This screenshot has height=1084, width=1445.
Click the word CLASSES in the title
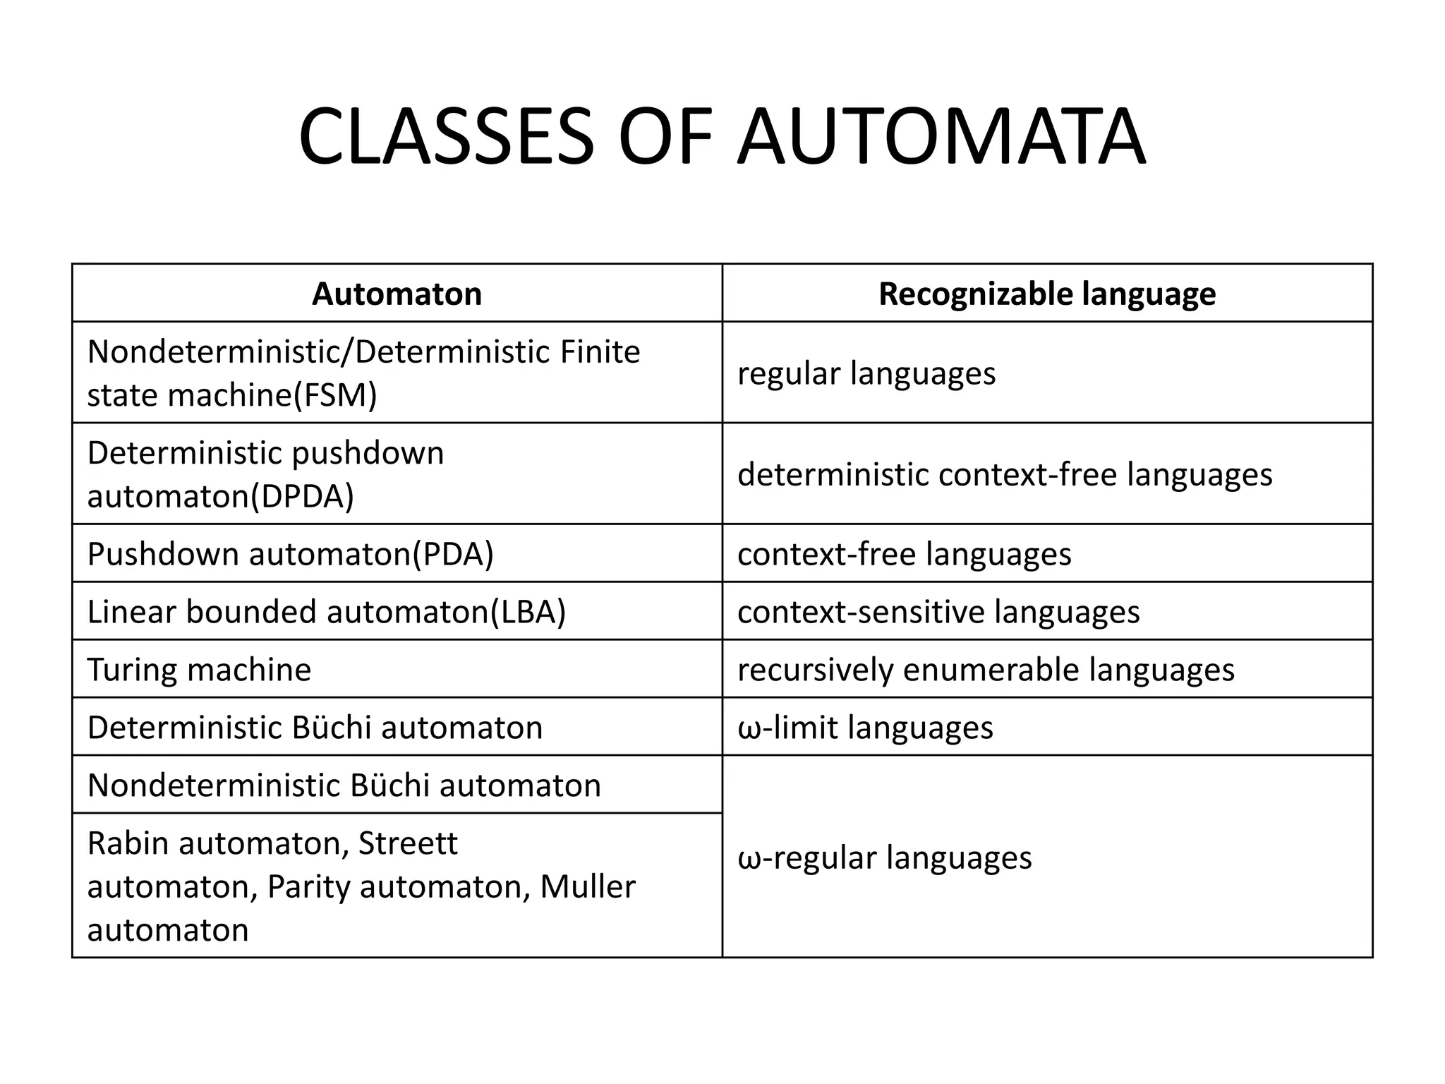[x=446, y=135]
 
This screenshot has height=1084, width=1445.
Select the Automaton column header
[x=397, y=294]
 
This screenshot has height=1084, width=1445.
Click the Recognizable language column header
[x=1047, y=294]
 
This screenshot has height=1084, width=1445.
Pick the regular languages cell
[x=866, y=373]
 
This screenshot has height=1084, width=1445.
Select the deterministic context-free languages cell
[x=1005, y=474]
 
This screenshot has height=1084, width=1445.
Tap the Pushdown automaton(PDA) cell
[x=291, y=554]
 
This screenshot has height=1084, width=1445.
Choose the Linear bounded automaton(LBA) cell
[x=327, y=612]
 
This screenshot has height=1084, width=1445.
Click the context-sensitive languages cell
[x=938, y=612]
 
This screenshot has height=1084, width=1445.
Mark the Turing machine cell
[x=199, y=670]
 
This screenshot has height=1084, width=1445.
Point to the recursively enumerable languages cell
[x=986, y=670]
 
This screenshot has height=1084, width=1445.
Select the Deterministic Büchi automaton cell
[x=315, y=728]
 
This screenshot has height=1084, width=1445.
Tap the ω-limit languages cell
[x=865, y=728]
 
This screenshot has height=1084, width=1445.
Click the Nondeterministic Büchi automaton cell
[x=344, y=785]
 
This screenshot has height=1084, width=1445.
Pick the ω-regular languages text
[x=884, y=858]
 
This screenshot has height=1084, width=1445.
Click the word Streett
[x=408, y=843]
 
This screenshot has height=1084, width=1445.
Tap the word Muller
[x=587, y=887]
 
